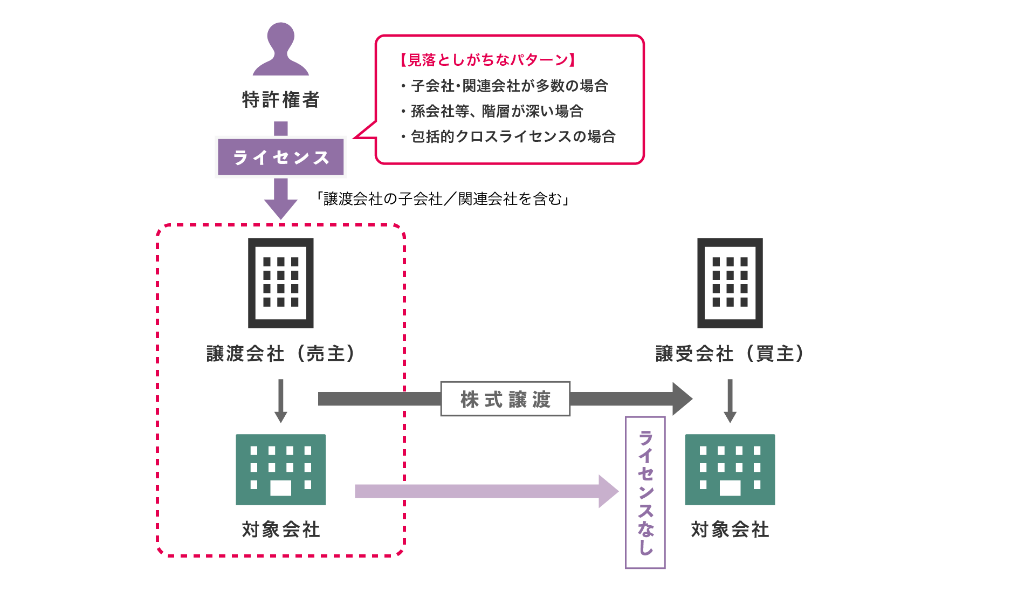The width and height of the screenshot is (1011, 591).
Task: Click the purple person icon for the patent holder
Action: pyautogui.click(x=280, y=50)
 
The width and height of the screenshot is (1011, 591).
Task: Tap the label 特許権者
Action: pyautogui.click(x=280, y=100)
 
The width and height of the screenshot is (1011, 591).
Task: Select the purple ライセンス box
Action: pyautogui.click(x=280, y=157)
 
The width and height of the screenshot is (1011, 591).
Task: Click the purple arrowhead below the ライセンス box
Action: pyautogui.click(x=280, y=208)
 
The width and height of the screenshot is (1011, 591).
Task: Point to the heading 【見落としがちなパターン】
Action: pyautogui.click(x=487, y=60)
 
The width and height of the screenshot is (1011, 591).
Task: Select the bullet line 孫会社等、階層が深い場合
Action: pyautogui.click(x=496, y=111)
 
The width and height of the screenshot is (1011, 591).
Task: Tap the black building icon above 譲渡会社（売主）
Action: pyautogui.click(x=280, y=283)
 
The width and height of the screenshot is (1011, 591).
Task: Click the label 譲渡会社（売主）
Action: pyautogui.click(x=280, y=354)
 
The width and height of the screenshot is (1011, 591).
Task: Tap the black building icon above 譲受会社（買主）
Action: pyautogui.click(x=730, y=283)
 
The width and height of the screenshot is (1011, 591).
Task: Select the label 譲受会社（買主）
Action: pyautogui.click(x=730, y=354)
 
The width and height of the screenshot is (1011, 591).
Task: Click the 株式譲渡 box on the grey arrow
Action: pyautogui.click(x=505, y=399)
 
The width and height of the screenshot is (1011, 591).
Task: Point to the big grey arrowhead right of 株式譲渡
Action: pyautogui.click(x=682, y=399)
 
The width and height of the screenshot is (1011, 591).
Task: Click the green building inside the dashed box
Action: pyautogui.click(x=280, y=469)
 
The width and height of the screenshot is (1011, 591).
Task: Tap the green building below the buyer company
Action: pyautogui.click(x=730, y=469)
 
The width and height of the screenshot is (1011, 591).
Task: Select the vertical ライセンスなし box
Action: pyautogui.click(x=645, y=492)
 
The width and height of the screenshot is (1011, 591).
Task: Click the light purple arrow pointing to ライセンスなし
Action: pyautogui.click(x=485, y=491)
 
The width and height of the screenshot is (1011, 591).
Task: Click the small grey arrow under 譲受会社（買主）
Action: pyautogui.click(x=730, y=402)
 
